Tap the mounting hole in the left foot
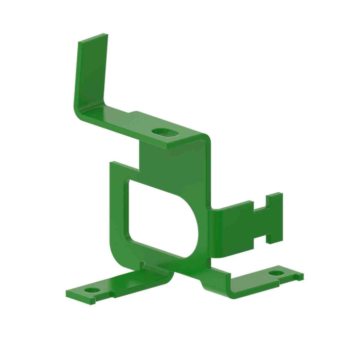click(93, 290)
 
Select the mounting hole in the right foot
click(277, 273)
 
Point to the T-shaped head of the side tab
click(274, 218)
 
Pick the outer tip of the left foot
click(69, 295)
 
